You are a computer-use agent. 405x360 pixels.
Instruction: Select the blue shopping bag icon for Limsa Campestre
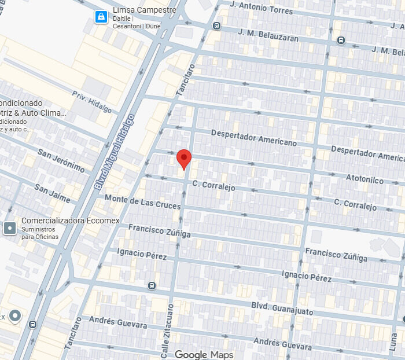point(102,17)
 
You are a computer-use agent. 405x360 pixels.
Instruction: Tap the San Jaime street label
point(52,194)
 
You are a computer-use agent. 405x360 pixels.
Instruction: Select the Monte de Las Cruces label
point(142,203)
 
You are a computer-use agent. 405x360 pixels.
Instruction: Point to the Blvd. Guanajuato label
point(282,308)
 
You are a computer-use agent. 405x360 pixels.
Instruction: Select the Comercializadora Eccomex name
point(61,221)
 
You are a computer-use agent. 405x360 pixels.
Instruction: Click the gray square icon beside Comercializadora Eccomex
point(10,228)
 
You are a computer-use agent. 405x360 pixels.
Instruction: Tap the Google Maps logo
point(204,354)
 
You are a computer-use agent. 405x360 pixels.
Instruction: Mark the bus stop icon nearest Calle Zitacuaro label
point(152,285)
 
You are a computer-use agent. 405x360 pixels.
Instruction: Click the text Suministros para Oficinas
point(40,233)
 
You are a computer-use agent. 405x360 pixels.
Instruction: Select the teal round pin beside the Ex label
point(16,316)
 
